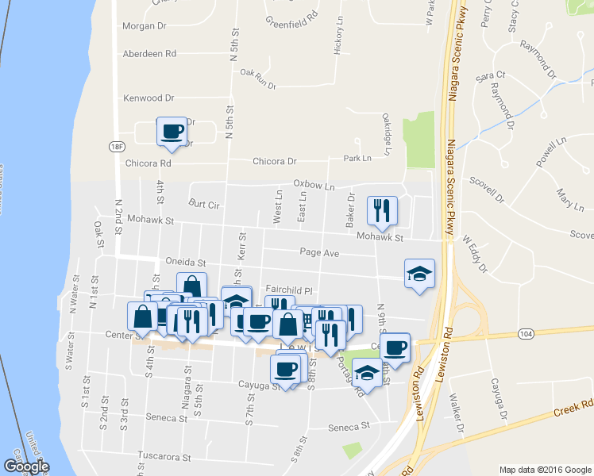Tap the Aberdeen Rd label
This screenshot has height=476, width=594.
click(149, 54)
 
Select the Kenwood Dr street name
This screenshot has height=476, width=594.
click(148, 98)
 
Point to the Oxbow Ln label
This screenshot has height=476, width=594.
click(314, 185)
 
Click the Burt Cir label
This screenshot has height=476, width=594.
click(203, 204)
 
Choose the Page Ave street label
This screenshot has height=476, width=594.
click(319, 252)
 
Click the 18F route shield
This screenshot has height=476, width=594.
click(118, 146)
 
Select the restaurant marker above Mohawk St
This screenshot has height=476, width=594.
click(381, 210)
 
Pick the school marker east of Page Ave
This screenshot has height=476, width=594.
click(419, 274)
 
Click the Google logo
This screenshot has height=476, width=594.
click(25, 466)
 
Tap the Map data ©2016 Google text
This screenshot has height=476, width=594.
click(545, 469)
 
